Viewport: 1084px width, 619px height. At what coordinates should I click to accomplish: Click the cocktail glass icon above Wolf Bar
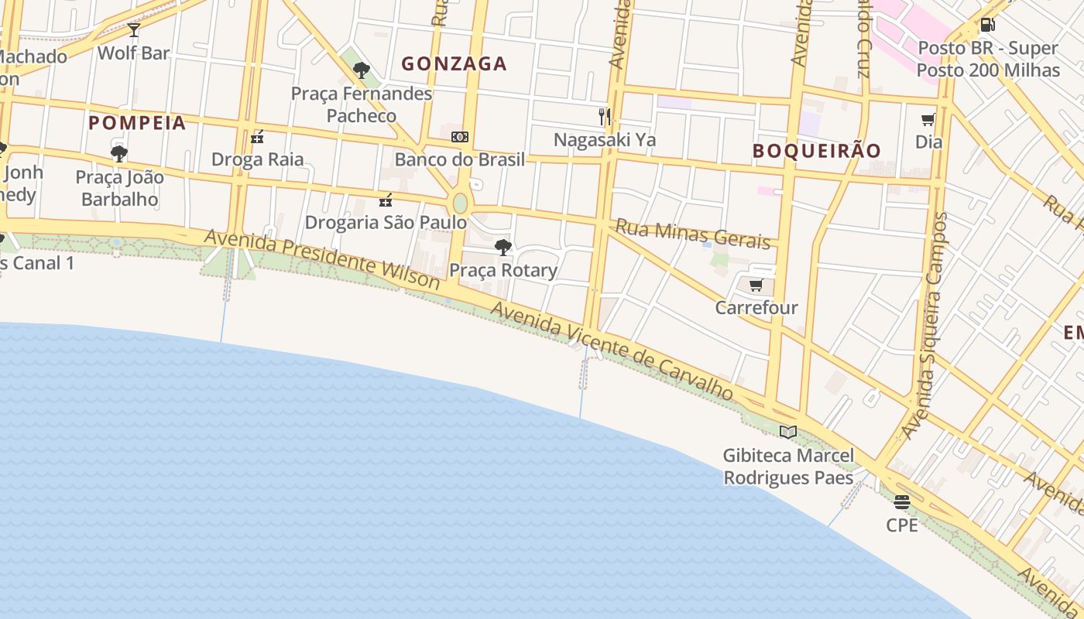pos(134,30)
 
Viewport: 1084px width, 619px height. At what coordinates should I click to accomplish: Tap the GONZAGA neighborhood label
pos(454,64)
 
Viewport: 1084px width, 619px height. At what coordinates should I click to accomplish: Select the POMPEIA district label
pos(137,123)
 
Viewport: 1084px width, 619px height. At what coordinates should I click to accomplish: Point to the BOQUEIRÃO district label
pos(817,151)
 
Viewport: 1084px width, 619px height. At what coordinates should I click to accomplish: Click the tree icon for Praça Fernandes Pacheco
pos(361,70)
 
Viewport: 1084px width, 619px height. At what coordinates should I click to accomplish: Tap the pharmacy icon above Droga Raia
pos(257,138)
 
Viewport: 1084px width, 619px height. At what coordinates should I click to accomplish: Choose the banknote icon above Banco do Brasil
pos(460,137)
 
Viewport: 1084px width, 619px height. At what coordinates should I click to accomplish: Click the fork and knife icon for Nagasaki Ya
pos(605,117)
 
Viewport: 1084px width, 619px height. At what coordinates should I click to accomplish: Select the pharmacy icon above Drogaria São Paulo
pos(386,200)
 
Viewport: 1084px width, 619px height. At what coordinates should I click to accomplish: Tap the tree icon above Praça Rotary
pos(503,248)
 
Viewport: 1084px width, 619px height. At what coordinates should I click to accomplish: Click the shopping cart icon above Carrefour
pos(756,285)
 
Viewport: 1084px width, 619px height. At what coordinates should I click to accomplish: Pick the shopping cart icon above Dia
pos(928,119)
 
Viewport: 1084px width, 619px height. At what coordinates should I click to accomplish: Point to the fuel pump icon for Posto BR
pos(987,25)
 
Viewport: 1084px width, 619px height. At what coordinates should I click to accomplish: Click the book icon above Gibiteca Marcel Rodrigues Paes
pos(788,432)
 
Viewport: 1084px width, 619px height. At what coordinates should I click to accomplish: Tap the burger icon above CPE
pos(902,502)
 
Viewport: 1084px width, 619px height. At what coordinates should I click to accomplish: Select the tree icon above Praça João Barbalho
pos(119,154)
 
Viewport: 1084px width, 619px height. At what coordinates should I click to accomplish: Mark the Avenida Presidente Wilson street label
pos(322,259)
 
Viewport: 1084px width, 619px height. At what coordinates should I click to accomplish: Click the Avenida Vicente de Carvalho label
pos(612,351)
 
